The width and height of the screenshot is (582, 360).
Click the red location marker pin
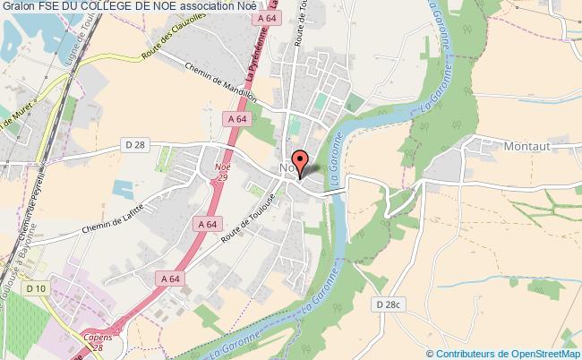click(302, 162)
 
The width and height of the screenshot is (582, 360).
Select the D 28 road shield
click(134, 144)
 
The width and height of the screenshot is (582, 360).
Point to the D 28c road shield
click(389, 304)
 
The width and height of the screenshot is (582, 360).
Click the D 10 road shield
click(36, 288)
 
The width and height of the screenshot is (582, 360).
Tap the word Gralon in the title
click(18, 6)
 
